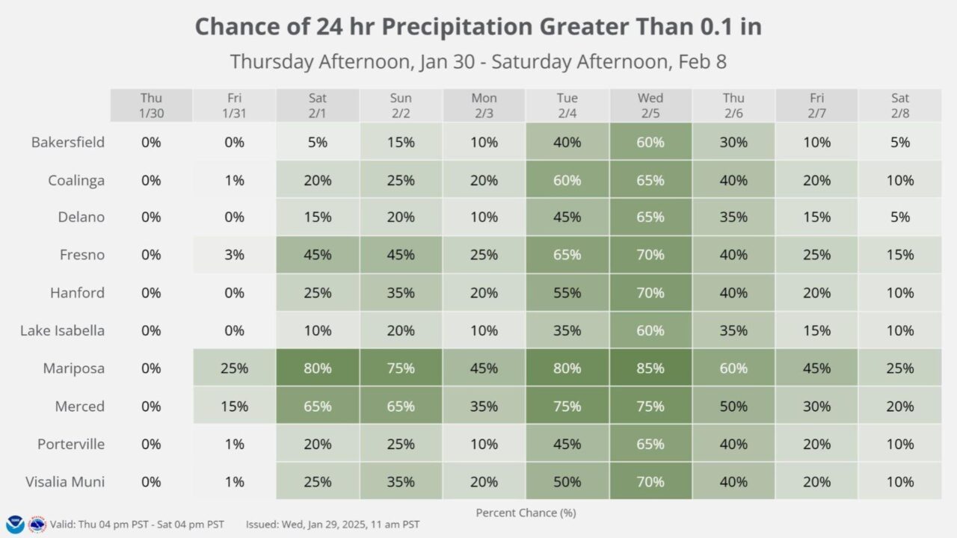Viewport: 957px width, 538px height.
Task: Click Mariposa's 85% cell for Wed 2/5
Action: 650,368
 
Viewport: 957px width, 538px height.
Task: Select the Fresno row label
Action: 82,255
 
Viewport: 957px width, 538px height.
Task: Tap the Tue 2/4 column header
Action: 567,105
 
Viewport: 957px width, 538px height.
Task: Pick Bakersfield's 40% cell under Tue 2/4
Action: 567,142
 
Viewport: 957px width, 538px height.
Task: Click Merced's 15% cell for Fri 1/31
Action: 234,406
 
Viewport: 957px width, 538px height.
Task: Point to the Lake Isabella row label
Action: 62,330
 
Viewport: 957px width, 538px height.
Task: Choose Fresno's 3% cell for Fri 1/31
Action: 234,255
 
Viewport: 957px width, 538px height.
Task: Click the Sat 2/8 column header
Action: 899,105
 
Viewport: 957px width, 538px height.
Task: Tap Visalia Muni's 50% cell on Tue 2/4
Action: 567,482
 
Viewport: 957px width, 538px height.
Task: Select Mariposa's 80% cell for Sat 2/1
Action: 317,368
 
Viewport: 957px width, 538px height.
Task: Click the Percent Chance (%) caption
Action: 526,513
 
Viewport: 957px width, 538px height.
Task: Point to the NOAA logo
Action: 15,525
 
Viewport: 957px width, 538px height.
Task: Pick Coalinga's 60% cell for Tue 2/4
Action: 567,180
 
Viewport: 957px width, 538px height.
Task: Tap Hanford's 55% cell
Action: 567,293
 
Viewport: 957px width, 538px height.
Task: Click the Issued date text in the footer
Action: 333,525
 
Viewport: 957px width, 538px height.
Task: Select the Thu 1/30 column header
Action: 151,105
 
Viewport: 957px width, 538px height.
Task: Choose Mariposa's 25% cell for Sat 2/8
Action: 899,368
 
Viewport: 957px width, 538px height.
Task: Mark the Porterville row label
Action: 71,444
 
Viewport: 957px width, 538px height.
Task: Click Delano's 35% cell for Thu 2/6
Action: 733,217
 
